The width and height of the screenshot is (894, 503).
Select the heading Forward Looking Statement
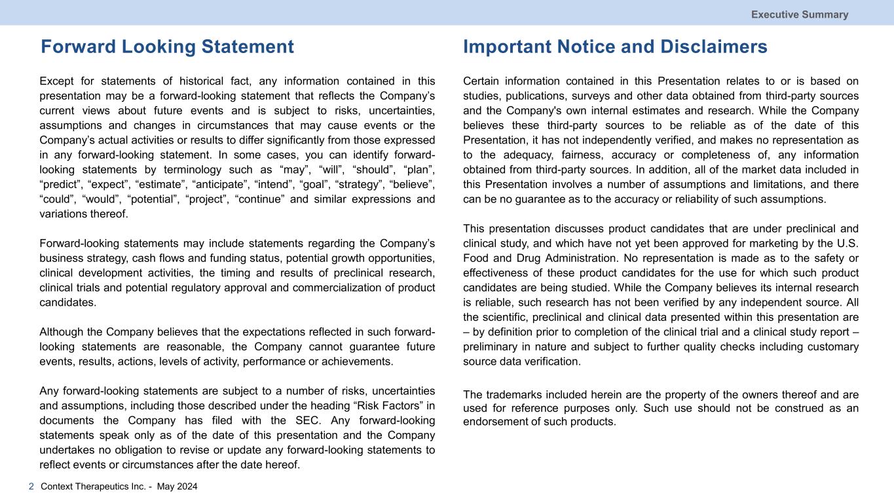click(x=167, y=47)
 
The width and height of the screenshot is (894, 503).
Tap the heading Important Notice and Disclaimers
click(x=615, y=47)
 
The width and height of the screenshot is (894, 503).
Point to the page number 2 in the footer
click(x=31, y=487)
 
